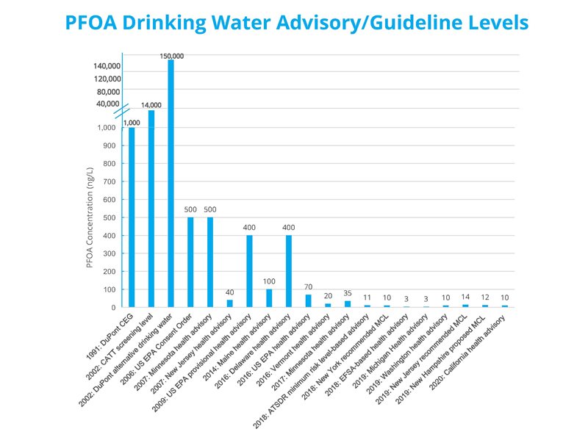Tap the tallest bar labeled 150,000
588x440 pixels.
point(171,184)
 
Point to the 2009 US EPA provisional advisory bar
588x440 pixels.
point(249,271)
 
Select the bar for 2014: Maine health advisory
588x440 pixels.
point(269,298)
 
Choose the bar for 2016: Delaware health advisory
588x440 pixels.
point(289,271)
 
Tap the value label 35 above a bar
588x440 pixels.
point(348,292)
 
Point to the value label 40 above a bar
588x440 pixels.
point(229,292)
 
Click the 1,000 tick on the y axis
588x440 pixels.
point(107,128)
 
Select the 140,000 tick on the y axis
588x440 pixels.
point(107,66)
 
